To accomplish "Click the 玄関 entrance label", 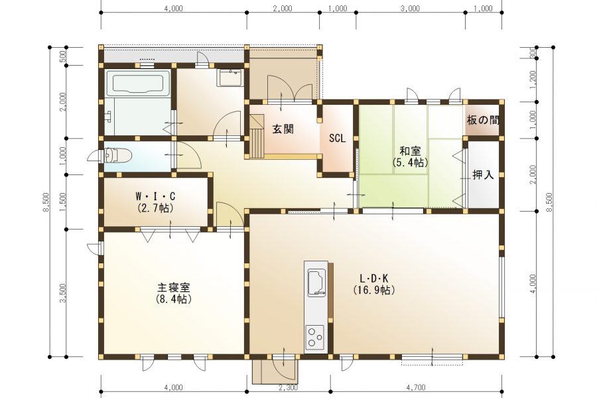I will [x=283, y=129].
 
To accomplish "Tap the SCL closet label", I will [x=337, y=139].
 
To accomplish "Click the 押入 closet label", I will [x=482, y=175].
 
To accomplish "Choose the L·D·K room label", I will [x=373, y=279].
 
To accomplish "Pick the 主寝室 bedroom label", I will [x=174, y=288].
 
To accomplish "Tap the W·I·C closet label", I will [x=155, y=196].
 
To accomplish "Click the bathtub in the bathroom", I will [x=137, y=84].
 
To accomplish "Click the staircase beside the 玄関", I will [x=257, y=140].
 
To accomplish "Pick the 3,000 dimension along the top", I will [x=410, y=9].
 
